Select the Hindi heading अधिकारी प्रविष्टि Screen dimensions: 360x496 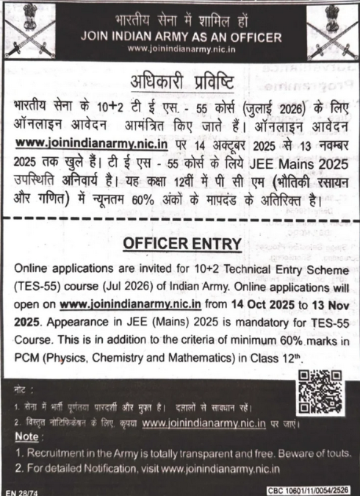pyautogui.click(x=180, y=80)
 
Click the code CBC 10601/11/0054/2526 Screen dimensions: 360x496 pyautogui.click(x=303, y=489)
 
